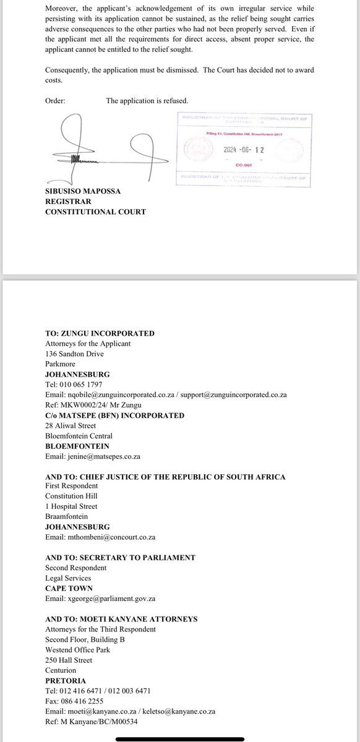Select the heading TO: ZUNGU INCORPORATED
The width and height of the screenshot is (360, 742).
(x=100, y=334)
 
